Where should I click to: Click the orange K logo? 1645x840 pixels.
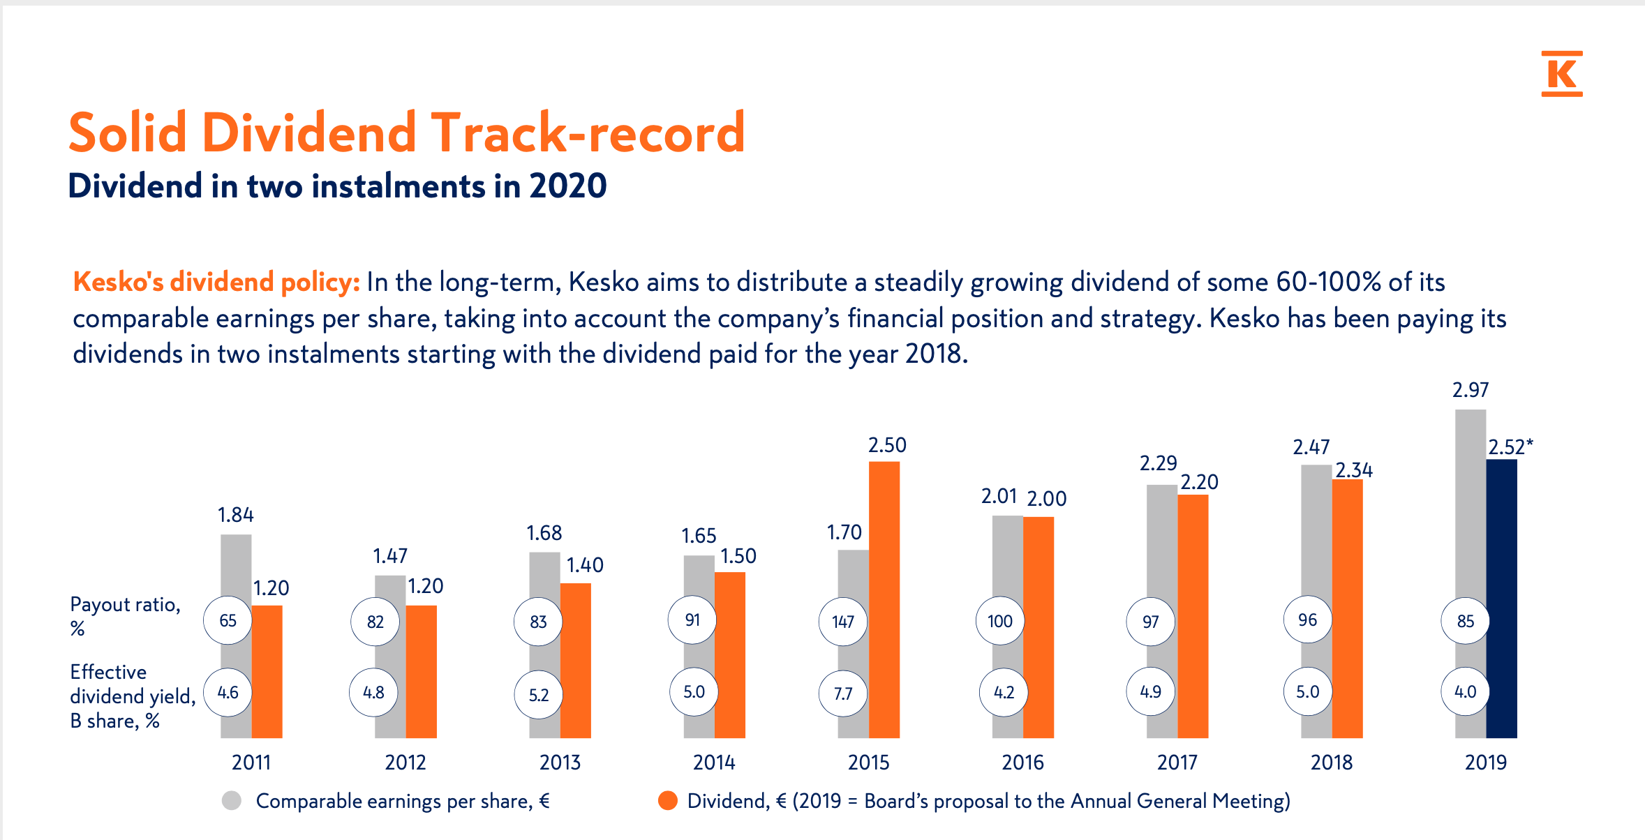tap(1561, 73)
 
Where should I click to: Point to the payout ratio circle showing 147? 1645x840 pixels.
tap(843, 621)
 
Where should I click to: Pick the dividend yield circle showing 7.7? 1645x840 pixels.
tap(843, 693)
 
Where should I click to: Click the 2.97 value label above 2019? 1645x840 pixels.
tap(1471, 390)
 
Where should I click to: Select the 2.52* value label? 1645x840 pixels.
tap(1510, 447)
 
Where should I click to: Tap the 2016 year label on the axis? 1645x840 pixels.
tap(1022, 762)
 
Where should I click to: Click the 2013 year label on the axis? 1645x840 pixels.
tap(560, 762)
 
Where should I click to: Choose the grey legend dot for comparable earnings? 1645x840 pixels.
tap(232, 800)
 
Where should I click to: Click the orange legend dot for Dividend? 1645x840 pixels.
tap(668, 800)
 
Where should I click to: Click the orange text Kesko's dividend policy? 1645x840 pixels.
tap(216, 282)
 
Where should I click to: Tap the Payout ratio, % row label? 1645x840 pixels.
tap(125, 615)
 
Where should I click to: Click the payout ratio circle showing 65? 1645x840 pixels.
tap(228, 620)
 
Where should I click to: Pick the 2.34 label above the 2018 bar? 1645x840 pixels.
tap(1353, 470)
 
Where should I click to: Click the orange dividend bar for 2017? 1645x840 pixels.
tap(1193, 614)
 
